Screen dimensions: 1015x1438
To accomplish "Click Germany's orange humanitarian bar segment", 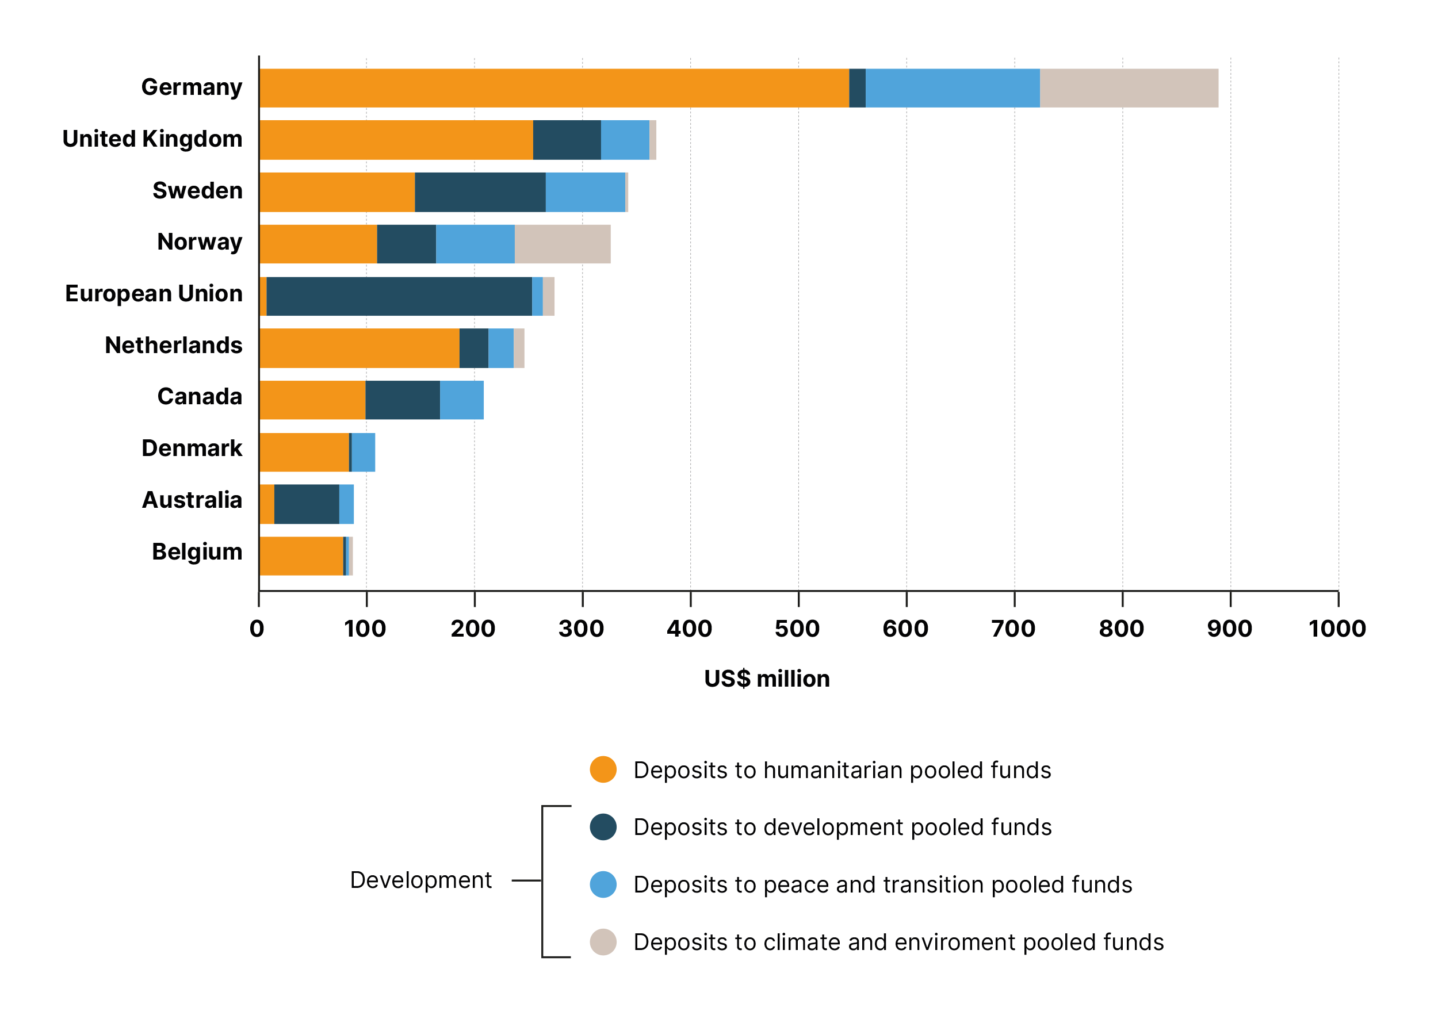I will coord(554,89).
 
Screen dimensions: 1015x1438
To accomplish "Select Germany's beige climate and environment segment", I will coord(1129,89).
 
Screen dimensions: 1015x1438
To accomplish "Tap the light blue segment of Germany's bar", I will coord(953,89).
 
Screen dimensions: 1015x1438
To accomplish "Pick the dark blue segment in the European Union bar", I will coord(399,296).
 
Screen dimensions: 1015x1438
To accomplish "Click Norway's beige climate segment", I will coord(563,244).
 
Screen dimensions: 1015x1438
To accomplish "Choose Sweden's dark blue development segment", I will coord(480,192).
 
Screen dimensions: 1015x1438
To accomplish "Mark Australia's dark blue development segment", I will coord(307,504).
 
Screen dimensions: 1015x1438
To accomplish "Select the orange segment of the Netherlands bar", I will coord(359,348).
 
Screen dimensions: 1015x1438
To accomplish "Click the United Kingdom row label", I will coord(152,139).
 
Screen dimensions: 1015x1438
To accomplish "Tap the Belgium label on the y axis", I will coord(197,551).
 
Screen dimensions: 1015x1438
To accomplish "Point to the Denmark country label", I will coord(192,449).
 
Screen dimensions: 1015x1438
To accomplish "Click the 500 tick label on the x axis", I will coord(797,629).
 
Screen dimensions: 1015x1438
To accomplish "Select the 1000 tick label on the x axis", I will coord(1337,629).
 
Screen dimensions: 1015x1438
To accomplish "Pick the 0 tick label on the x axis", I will coord(257,629).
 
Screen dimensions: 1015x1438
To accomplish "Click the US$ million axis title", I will coord(767,679).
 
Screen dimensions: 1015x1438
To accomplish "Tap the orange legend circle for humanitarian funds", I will coord(603,769).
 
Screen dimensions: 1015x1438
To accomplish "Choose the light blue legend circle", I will coord(603,884).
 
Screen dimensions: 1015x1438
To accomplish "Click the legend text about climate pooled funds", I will coord(898,942).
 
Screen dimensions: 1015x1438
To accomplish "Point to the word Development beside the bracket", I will coord(421,880).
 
